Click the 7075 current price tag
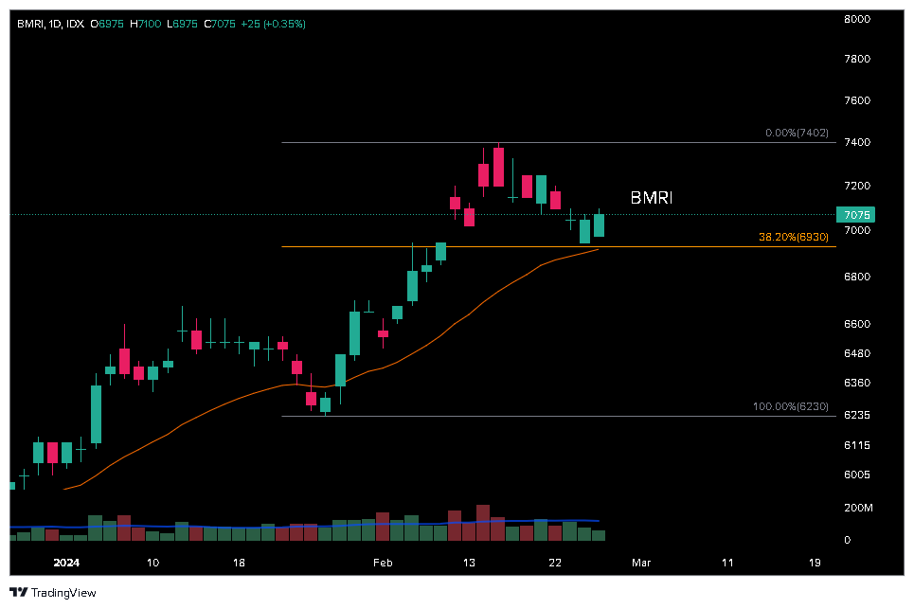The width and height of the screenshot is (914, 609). [854, 215]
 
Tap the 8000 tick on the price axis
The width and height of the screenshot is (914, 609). [857, 18]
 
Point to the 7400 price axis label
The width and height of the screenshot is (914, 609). [857, 142]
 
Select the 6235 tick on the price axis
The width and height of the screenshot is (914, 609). [857, 416]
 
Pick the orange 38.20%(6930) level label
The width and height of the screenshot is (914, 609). [793, 237]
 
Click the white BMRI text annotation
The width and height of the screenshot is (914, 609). [651, 198]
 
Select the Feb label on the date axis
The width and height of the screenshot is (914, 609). [383, 563]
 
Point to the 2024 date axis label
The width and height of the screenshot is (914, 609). [67, 563]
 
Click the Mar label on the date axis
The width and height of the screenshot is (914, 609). [641, 563]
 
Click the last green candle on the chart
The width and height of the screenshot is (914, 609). [599, 225]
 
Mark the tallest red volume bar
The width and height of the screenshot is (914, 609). [483, 522]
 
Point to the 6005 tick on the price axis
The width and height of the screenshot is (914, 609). [857, 475]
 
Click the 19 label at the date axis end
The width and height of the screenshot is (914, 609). [815, 563]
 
